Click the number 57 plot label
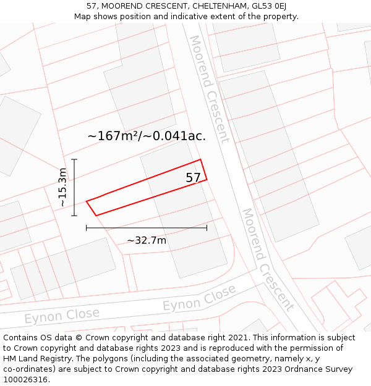(x=193, y=178)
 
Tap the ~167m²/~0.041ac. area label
(x=147, y=136)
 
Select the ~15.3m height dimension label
(x=62, y=187)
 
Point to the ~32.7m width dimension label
(x=147, y=240)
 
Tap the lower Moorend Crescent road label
(x=268, y=259)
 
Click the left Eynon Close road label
(x=62, y=316)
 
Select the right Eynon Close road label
(x=199, y=298)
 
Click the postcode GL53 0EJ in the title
(x=269, y=6)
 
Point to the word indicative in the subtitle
(x=185, y=17)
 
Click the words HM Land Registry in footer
(x=35, y=359)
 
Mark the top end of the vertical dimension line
(x=74, y=159)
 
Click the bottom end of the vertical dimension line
(x=74, y=216)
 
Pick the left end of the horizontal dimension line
(x=87, y=228)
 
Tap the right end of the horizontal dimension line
(x=207, y=228)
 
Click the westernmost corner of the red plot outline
(x=87, y=201)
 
